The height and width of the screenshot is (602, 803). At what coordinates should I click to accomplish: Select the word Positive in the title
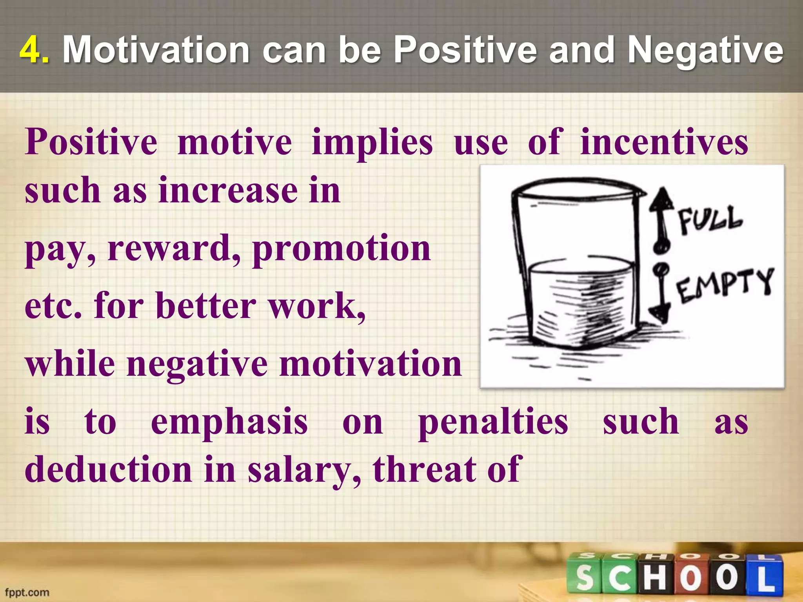(465, 50)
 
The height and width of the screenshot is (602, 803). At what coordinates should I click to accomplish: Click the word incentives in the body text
(664, 142)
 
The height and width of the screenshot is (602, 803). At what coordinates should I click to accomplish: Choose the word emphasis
(229, 422)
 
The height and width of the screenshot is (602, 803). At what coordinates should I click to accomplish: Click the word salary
(304, 471)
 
